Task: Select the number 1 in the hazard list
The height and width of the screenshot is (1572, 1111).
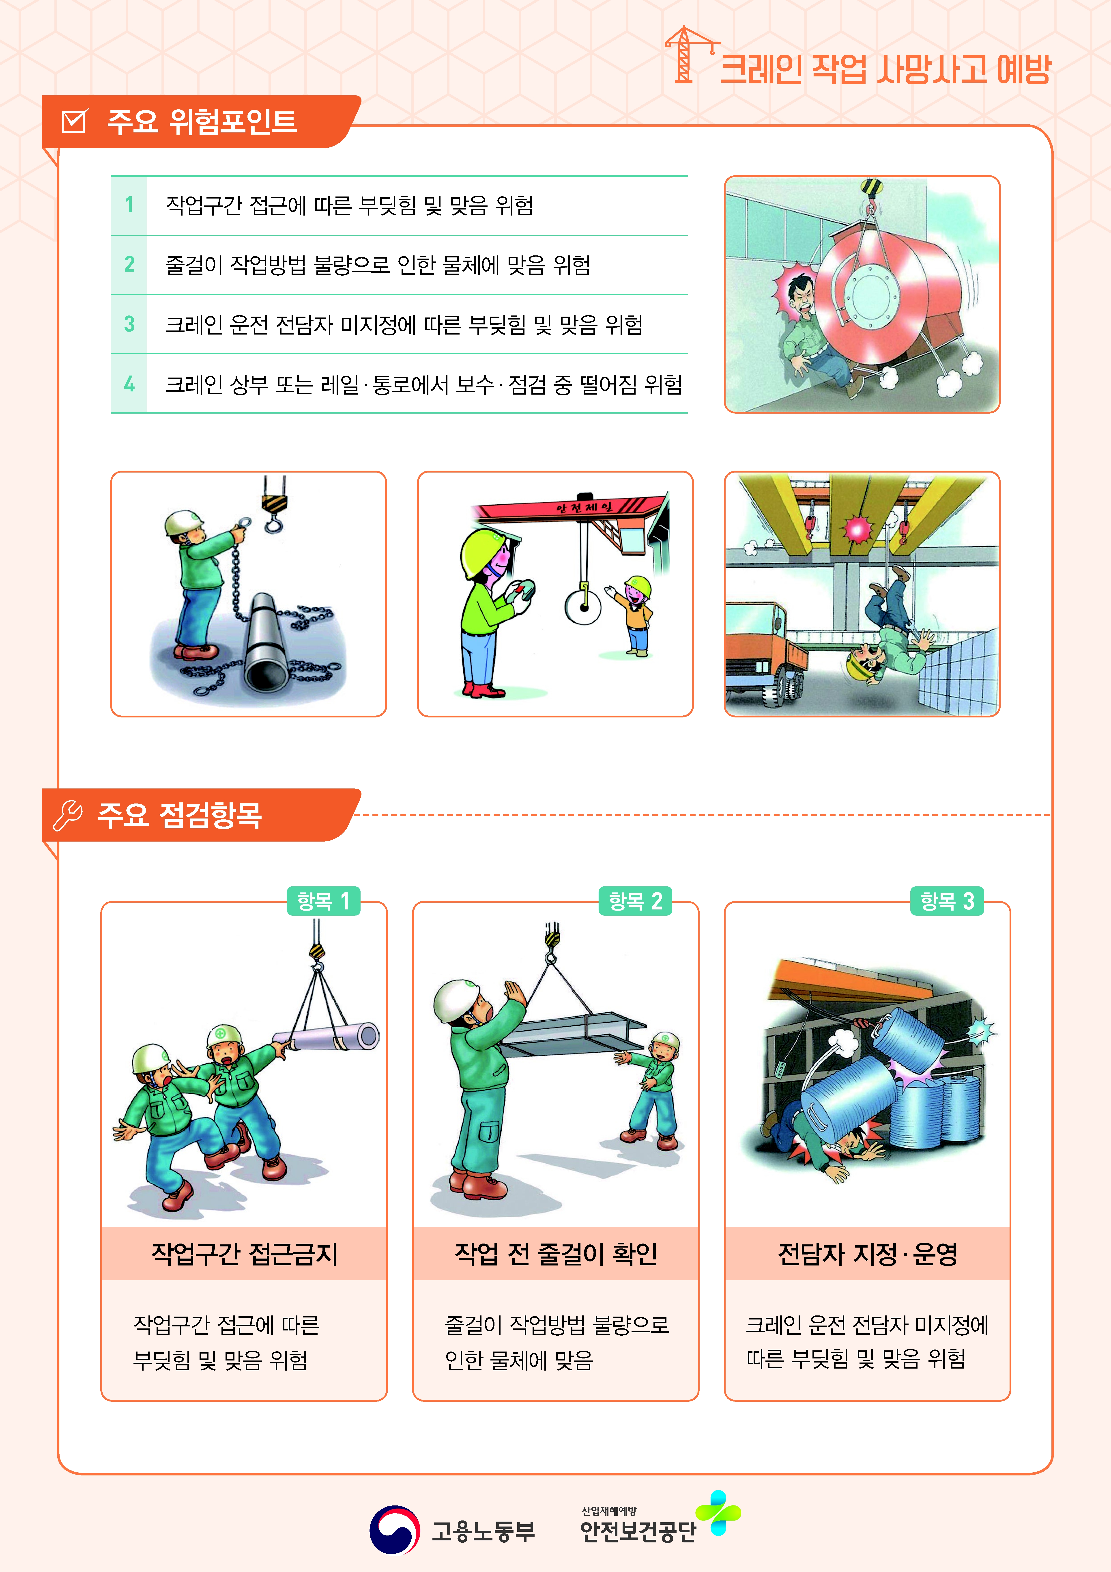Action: (129, 205)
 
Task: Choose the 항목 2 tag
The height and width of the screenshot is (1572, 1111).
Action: (635, 901)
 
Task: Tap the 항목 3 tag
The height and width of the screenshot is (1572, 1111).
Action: (947, 901)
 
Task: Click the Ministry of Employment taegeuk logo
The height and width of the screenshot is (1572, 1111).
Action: (395, 1530)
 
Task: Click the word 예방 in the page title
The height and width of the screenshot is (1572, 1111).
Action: (1023, 69)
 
